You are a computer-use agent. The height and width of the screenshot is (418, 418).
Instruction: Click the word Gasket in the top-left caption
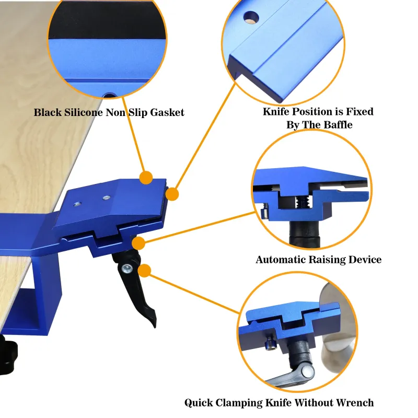click(x=167, y=112)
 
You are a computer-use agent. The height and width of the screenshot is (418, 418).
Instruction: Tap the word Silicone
click(x=84, y=112)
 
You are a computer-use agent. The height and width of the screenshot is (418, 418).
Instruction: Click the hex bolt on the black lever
click(x=127, y=269)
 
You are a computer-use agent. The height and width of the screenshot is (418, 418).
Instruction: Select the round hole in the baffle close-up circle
click(x=251, y=17)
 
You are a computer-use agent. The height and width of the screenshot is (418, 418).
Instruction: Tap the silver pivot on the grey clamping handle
click(x=307, y=370)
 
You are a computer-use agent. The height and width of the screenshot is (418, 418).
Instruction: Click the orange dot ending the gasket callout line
click(x=146, y=178)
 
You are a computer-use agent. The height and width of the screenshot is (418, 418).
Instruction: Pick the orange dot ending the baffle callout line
click(x=172, y=194)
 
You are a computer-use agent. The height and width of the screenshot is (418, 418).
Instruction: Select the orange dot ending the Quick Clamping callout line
click(x=145, y=271)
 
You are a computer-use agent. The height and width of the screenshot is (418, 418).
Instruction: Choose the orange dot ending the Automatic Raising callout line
click(x=138, y=243)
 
